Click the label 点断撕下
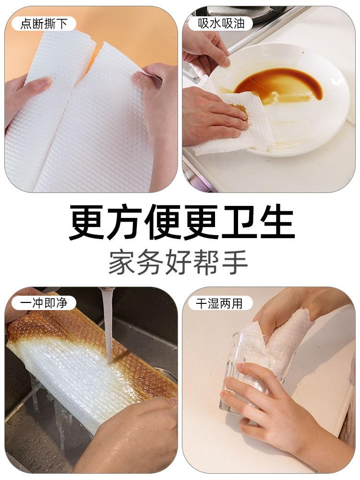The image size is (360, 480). pyautogui.click(x=44, y=24)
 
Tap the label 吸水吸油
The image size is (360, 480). pyautogui.click(x=221, y=23)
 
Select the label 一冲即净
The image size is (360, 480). pyautogui.click(x=44, y=303)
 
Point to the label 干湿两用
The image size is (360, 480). pyautogui.click(x=219, y=303)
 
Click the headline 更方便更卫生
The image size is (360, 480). pyautogui.click(x=182, y=222)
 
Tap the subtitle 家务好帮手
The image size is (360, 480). pyautogui.click(x=178, y=263)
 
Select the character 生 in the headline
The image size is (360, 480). pyautogui.click(x=277, y=222)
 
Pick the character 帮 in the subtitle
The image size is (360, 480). pyautogui.click(x=206, y=263)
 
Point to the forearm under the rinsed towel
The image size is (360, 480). pyautogui.click(x=129, y=441)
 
